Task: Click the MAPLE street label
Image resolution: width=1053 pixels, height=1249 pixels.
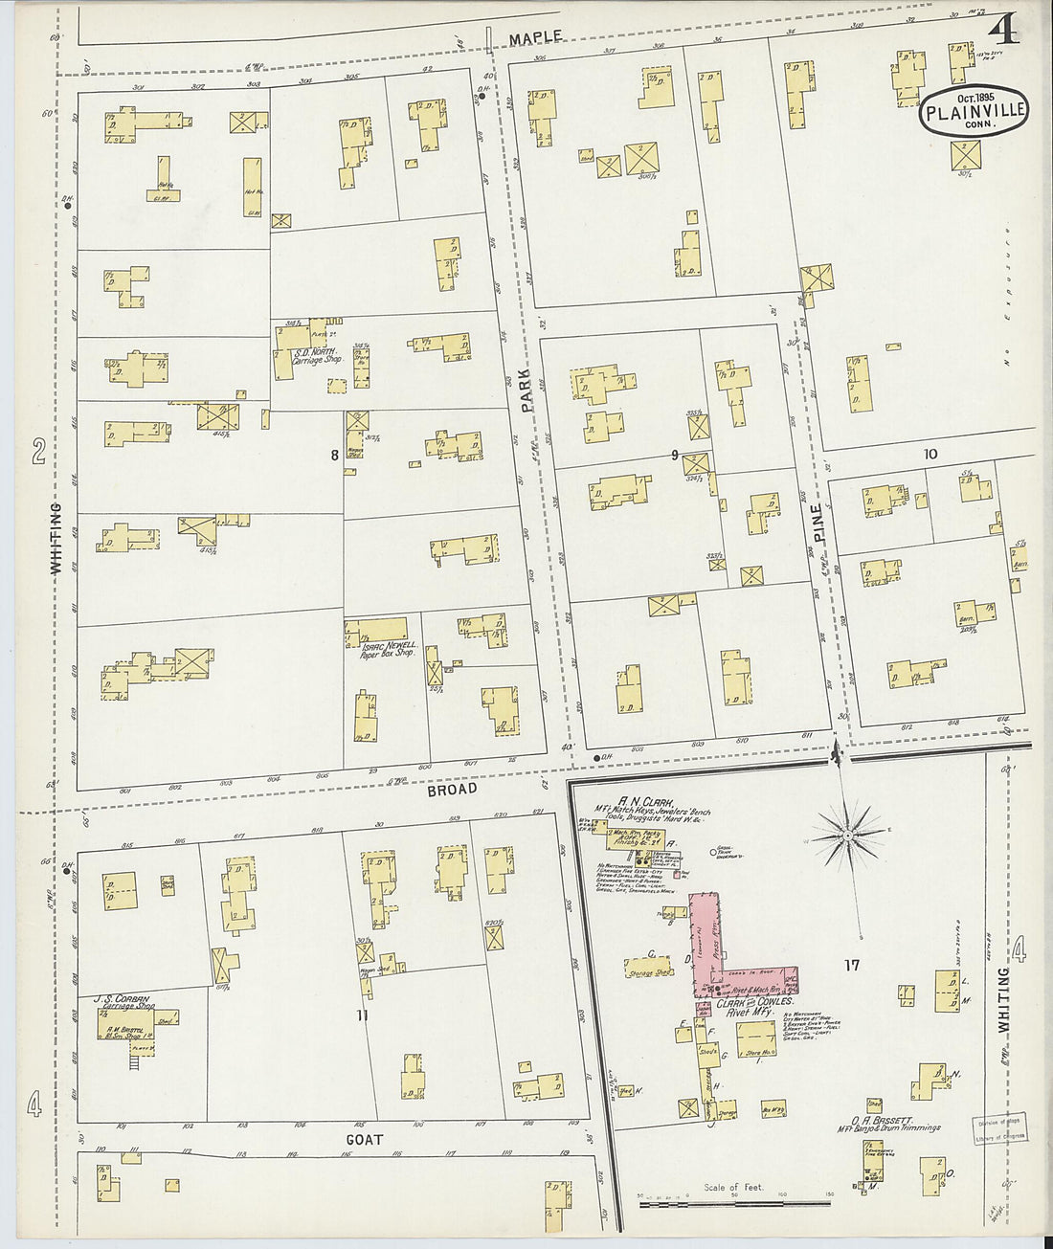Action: click(x=535, y=38)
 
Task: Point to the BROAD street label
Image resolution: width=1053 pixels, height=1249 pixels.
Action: click(x=452, y=790)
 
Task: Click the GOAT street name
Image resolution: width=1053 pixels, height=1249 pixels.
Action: click(x=364, y=1139)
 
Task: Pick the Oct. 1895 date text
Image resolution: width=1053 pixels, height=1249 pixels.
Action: click(x=975, y=96)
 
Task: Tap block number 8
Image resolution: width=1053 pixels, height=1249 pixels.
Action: click(x=334, y=456)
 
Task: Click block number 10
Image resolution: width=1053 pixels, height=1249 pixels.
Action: click(x=930, y=454)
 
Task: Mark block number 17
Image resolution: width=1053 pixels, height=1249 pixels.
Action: click(x=851, y=966)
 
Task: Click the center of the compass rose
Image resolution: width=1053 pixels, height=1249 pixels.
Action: click(x=847, y=836)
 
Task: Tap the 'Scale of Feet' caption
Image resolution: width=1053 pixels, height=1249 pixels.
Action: click(x=734, y=1187)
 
